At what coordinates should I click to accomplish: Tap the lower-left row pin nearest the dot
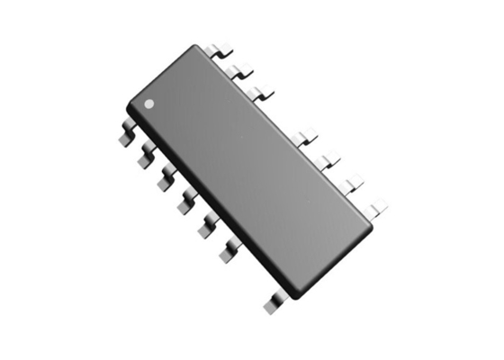126,136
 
